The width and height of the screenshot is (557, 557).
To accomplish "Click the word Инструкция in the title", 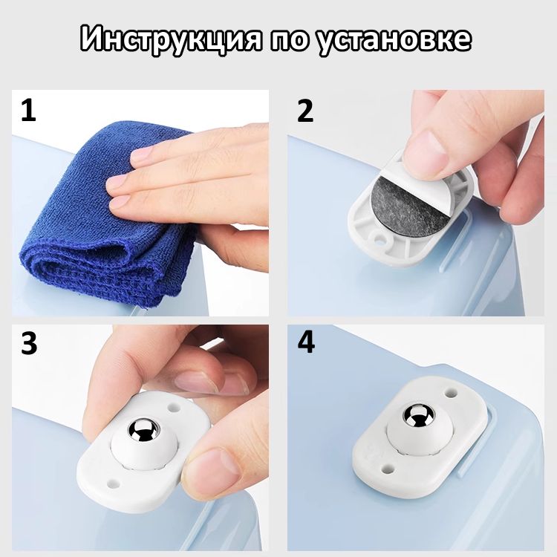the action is point(172,39).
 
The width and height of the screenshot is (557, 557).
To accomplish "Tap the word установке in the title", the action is point(394,39).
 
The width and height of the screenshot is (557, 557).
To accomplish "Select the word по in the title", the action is point(290,39).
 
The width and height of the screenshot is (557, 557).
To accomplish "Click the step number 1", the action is point(28,111).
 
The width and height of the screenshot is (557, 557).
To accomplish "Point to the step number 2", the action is point(304,111).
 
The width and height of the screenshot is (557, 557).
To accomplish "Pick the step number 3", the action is point(29,343).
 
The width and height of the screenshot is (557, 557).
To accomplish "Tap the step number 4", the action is point(306,343).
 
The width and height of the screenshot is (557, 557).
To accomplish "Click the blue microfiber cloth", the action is point(106,221).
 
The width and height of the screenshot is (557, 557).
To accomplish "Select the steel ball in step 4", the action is point(418,415).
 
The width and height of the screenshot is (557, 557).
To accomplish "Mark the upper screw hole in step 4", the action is point(451,393).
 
